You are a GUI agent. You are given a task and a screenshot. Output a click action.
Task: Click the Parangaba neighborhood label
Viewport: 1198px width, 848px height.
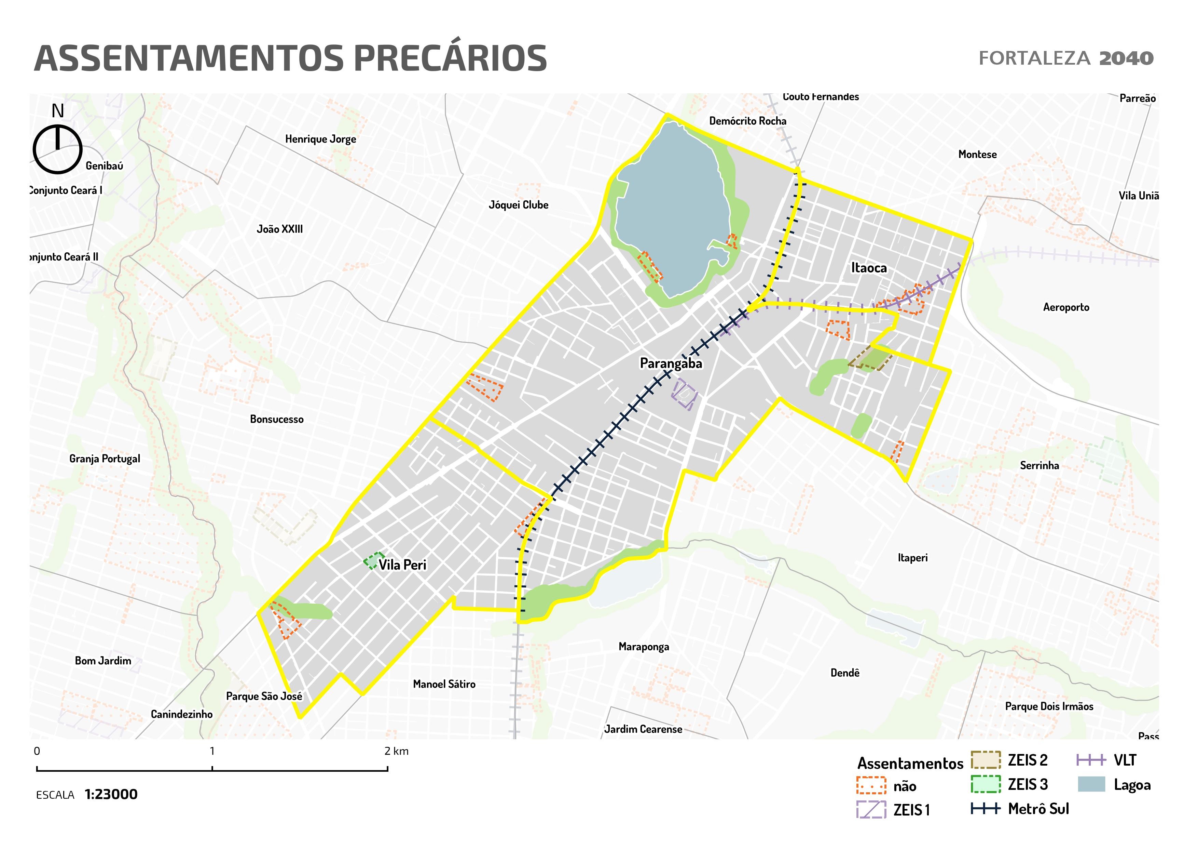coord(671,363)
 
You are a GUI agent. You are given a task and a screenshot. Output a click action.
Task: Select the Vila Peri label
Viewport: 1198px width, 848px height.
coord(402,565)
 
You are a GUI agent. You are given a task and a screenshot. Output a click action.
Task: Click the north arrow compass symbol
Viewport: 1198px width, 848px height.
coord(57,149)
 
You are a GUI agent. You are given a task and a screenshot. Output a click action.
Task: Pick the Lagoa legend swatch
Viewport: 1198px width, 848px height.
coord(1091,784)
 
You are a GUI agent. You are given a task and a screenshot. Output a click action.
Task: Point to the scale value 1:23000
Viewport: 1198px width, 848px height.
coord(111,794)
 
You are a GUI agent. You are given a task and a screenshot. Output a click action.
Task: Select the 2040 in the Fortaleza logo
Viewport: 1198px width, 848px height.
coord(1126,58)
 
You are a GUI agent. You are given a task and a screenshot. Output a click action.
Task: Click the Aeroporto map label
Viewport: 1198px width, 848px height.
coord(1066,307)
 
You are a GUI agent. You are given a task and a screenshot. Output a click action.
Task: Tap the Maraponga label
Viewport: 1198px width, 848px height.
coord(643,647)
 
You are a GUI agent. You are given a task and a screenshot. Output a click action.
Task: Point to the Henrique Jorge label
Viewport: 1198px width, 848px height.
coord(320,140)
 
